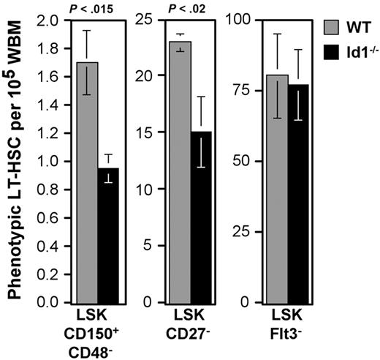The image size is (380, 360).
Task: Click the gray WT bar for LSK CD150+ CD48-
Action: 87,183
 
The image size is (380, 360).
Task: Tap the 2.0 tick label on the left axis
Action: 49,20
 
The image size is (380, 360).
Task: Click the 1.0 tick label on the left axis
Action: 49,161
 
